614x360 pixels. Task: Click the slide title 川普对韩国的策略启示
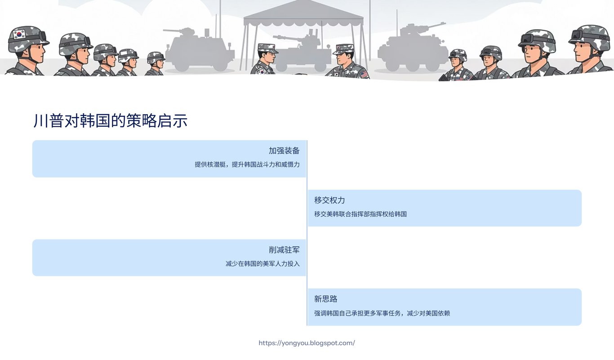tap(110, 121)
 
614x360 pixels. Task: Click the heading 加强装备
tap(284, 151)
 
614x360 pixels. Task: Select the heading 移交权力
tap(329, 200)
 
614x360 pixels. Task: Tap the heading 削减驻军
tap(284, 250)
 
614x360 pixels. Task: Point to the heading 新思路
tap(325, 299)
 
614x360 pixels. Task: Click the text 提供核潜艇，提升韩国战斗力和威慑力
tap(247, 164)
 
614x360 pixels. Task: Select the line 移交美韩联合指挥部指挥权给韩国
tap(360, 214)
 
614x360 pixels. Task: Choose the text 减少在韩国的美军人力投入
tap(262, 264)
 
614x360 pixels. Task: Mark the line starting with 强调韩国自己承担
tap(382, 313)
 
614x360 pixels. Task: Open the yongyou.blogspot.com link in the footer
tap(307, 343)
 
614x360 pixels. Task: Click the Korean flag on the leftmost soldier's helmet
tap(19, 34)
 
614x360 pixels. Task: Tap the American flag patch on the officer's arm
tap(363, 74)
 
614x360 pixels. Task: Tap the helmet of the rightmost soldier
tap(589, 36)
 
